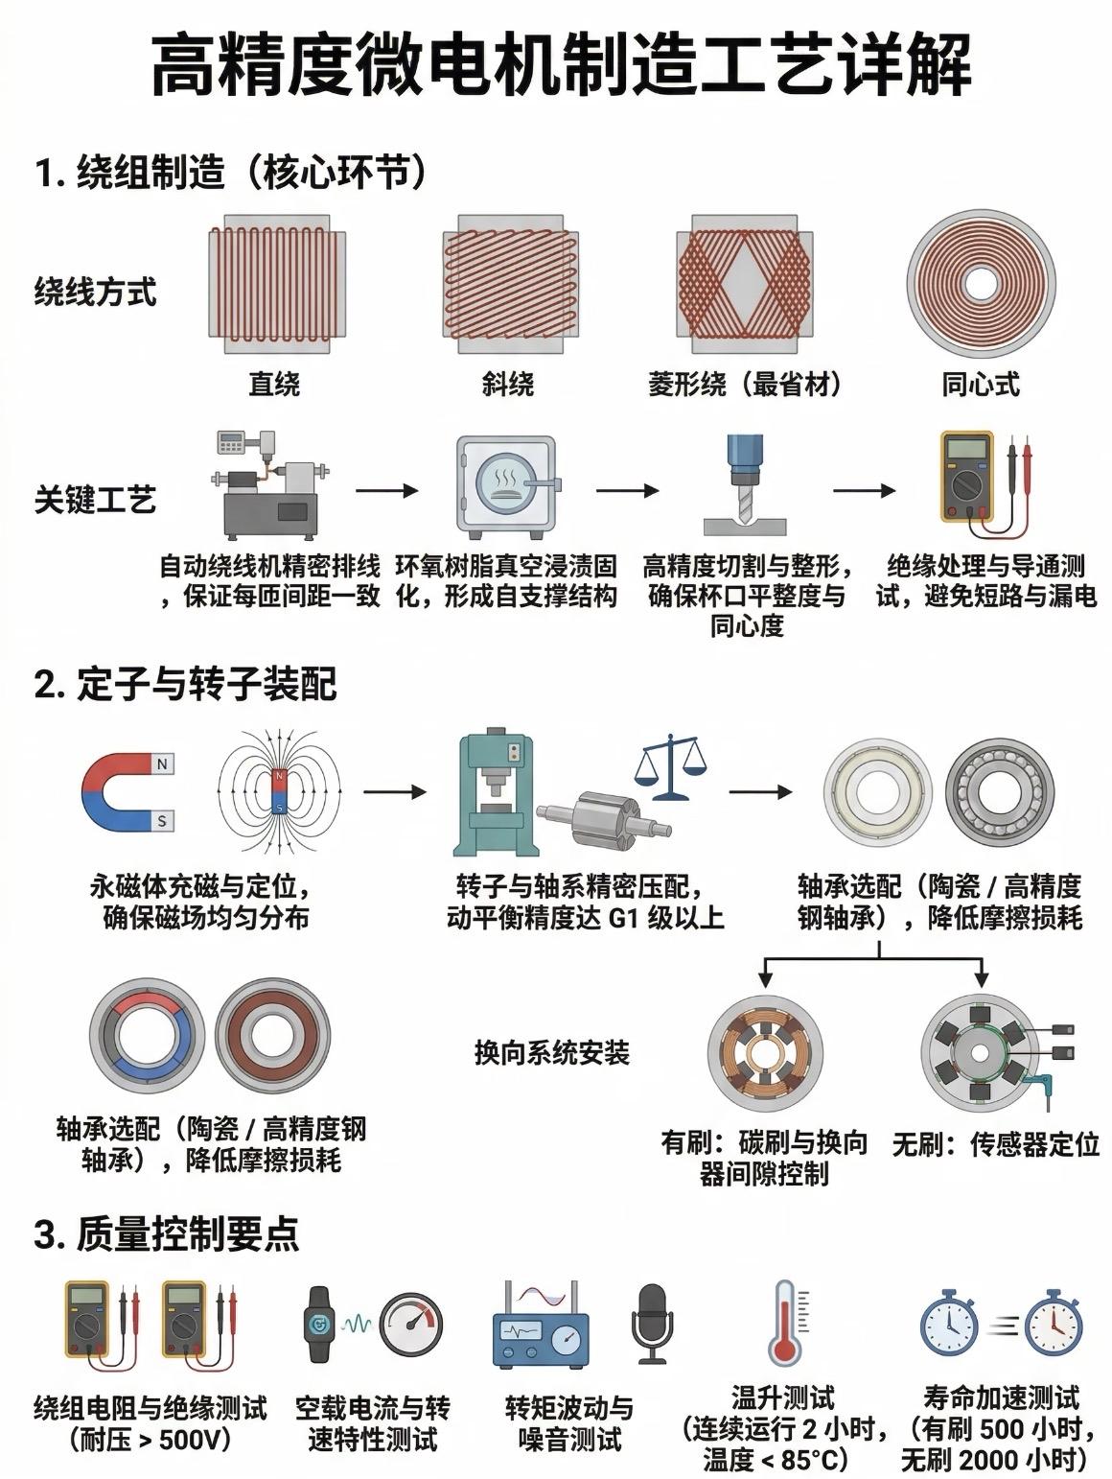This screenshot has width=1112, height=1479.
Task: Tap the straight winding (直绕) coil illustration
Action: (x=274, y=276)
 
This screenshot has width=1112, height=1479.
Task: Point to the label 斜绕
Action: (x=507, y=385)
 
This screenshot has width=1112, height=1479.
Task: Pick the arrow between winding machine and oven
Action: (x=387, y=490)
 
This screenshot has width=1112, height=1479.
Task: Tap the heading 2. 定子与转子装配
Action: (x=186, y=685)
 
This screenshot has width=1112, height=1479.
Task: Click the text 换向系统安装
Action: (x=551, y=1053)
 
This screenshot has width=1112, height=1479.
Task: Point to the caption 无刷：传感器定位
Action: (x=995, y=1144)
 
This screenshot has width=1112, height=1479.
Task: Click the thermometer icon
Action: (x=784, y=1324)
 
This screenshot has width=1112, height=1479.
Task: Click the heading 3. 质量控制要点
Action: (x=167, y=1233)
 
